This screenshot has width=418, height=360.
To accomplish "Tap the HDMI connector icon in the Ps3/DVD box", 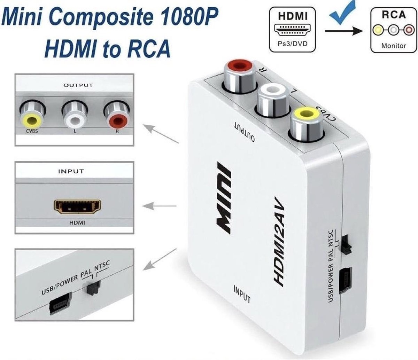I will (x=293, y=31).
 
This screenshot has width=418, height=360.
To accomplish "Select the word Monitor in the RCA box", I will (x=394, y=45).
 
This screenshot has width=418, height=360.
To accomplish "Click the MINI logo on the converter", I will (x=223, y=197).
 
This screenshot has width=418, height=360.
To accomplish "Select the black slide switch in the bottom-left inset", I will (x=93, y=288).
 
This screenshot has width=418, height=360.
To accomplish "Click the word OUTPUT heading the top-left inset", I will (x=78, y=85).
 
